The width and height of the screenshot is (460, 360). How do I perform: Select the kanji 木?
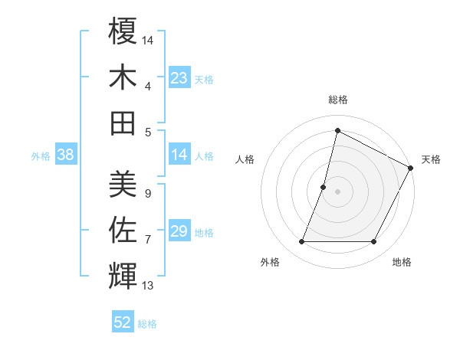123,77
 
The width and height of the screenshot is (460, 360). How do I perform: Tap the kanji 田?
123,122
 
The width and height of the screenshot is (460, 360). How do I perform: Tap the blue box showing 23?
179,78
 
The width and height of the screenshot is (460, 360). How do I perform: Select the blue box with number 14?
179,155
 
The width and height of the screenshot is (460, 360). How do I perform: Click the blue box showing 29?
179,231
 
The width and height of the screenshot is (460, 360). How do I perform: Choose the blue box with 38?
65,155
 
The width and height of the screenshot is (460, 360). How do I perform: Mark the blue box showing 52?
123,322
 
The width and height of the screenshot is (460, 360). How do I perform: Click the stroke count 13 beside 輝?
148,286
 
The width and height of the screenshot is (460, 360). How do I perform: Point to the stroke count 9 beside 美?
147,194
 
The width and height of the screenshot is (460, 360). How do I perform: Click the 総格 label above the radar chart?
337,100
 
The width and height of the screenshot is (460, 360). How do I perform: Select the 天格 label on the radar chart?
431,159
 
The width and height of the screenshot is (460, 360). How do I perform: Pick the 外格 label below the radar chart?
270,262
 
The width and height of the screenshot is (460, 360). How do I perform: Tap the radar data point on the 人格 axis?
324,187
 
